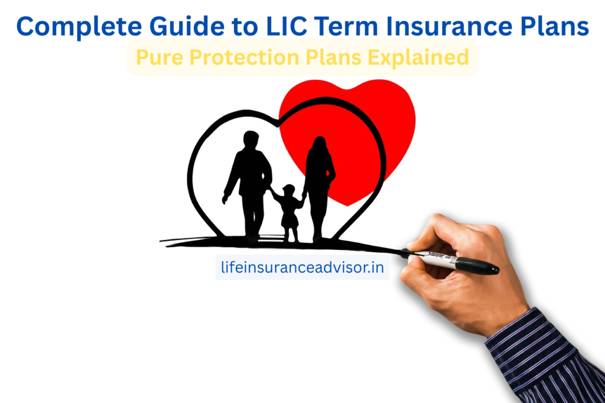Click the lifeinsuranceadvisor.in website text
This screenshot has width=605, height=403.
pyautogui.click(x=301, y=268)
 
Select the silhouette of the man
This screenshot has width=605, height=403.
pyautogui.click(x=249, y=183)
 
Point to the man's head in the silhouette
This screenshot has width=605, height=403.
pyautogui.click(x=251, y=141)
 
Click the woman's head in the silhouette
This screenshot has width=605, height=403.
pyautogui.click(x=318, y=145)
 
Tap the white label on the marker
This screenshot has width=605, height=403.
pyautogui.click(x=441, y=259)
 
